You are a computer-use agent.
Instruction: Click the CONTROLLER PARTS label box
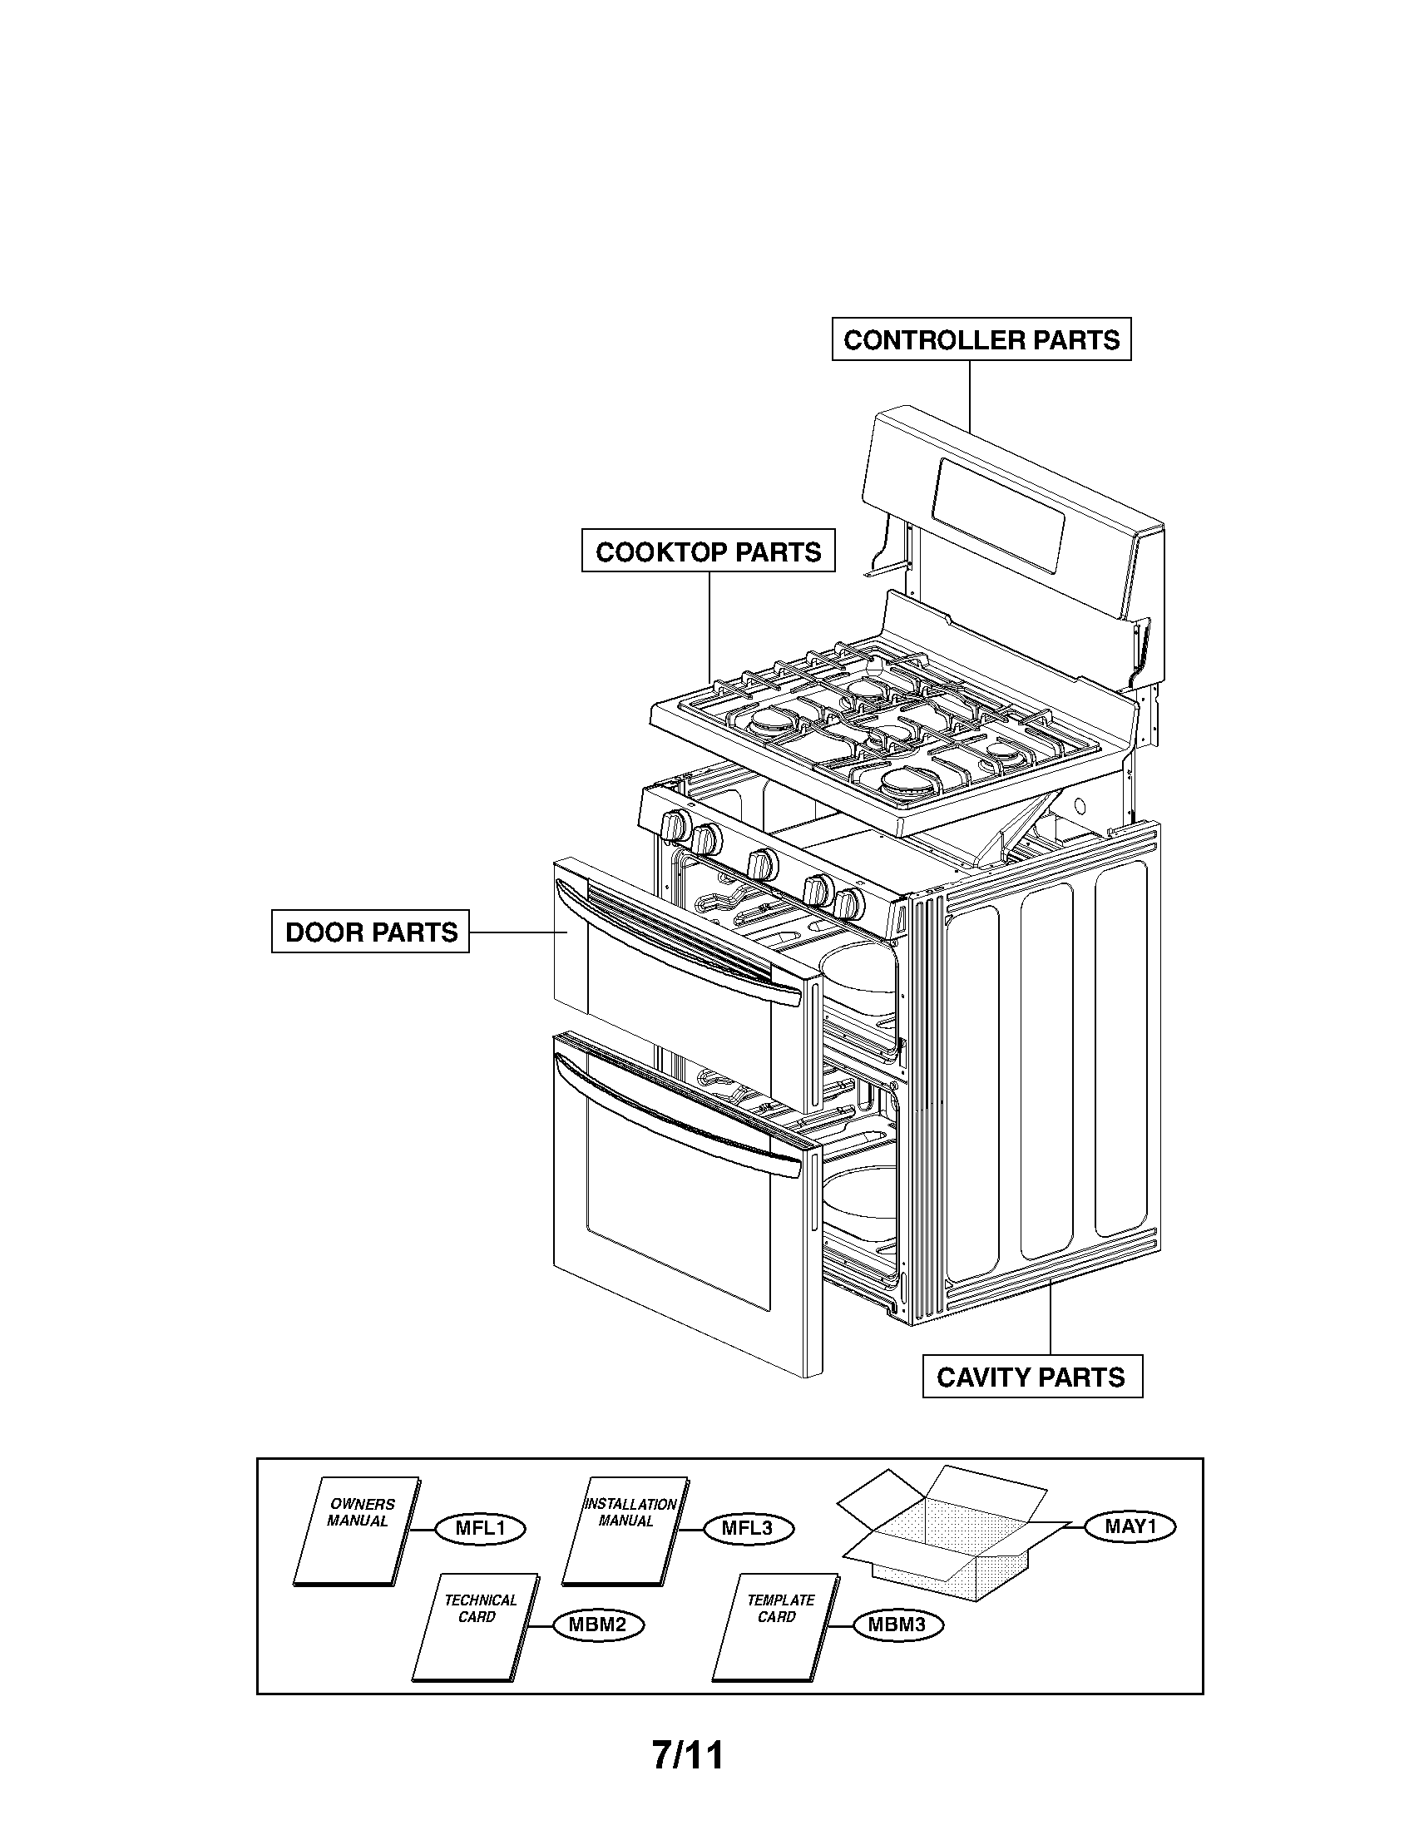point(981,339)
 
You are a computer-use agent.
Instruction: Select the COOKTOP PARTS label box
point(708,551)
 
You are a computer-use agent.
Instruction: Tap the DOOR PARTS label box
point(370,931)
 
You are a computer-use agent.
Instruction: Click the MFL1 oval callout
point(480,1528)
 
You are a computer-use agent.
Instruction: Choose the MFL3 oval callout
point(748,1528)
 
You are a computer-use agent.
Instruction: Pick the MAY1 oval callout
point(1130,1526)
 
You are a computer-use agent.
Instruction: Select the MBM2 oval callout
point(598,1625)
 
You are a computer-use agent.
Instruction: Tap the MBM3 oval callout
point(897,1625)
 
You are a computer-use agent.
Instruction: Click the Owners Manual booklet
point(356,1531)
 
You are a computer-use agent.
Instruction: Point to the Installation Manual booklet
point(624,1531)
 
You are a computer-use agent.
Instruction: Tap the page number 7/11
point(688,1755)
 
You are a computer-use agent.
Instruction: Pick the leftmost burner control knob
point(675,825)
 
